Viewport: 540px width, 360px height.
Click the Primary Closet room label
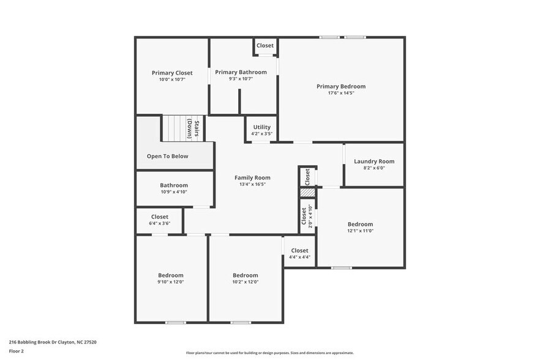click(172, 73)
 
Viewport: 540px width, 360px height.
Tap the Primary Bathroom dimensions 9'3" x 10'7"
click(241, 78)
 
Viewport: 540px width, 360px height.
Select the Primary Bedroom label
click(341, 86)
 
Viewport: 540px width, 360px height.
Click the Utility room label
click(261, 127)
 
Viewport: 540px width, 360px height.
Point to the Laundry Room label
click(374, 162)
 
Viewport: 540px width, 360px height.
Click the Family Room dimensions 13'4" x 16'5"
click(252, 184)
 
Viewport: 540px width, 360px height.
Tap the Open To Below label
click(167, 156)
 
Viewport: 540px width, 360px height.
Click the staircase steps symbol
click(174, 128)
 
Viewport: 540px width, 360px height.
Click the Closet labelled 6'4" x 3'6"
click(160, 220)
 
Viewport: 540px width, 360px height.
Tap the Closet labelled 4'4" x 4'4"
click(299, 253)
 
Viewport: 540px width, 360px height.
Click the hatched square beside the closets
click(307, 193)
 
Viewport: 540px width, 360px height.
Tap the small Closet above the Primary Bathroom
click(265, 46)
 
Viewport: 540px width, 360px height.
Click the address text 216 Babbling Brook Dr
click(53, 342)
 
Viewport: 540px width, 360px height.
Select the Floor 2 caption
click(17, 351)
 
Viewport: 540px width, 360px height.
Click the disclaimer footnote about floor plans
click(269, 353)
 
